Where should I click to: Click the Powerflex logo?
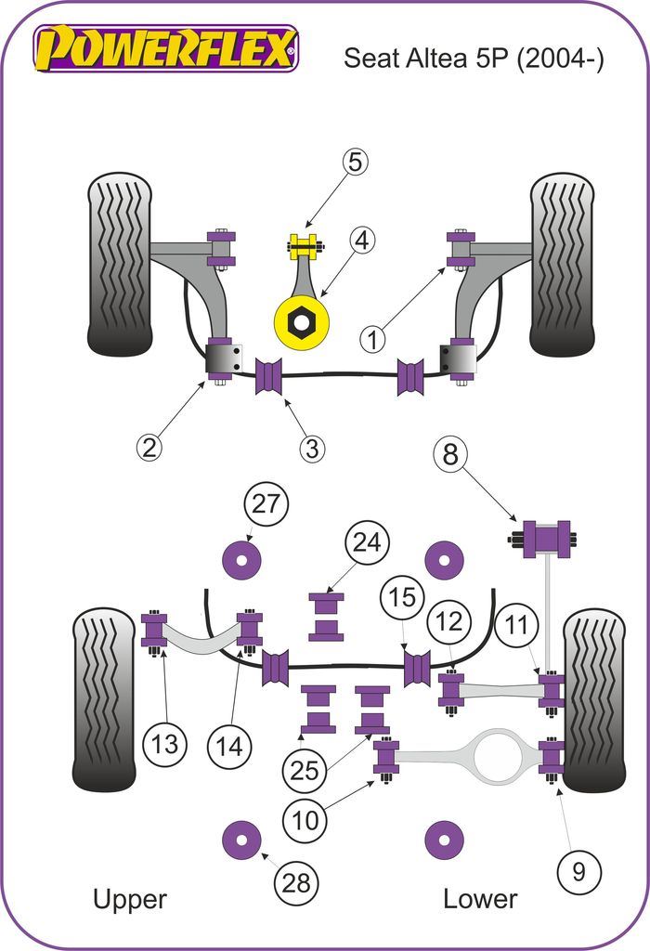pyautogui.click(x=165, y=48)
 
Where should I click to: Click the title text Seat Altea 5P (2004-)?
pyautogui.click(x=474, y=59)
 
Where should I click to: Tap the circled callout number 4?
pyautogui.click(x=362, y=241)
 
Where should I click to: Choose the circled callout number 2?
pyautogui.click(x=149, y=448)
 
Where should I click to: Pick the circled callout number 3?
pyautogui.click(x=312, y=449)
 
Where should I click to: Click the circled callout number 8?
pyautogui.click(x=449, y=454)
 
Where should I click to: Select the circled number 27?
pyautogui.click(x=266, y=504)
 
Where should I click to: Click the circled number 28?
pyautogui.click(x=295, y=883)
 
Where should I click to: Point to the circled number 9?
pyautogui.click(x=578, y=870)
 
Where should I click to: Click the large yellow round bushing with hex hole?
pyautogui.click(x=302, y=321)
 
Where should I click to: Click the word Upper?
pyautogui.click(x=129, y=899)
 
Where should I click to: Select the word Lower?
pyautogui.click(x=479, y=899)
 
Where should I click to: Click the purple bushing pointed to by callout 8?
pyautogui.click(x=546, y=540)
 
